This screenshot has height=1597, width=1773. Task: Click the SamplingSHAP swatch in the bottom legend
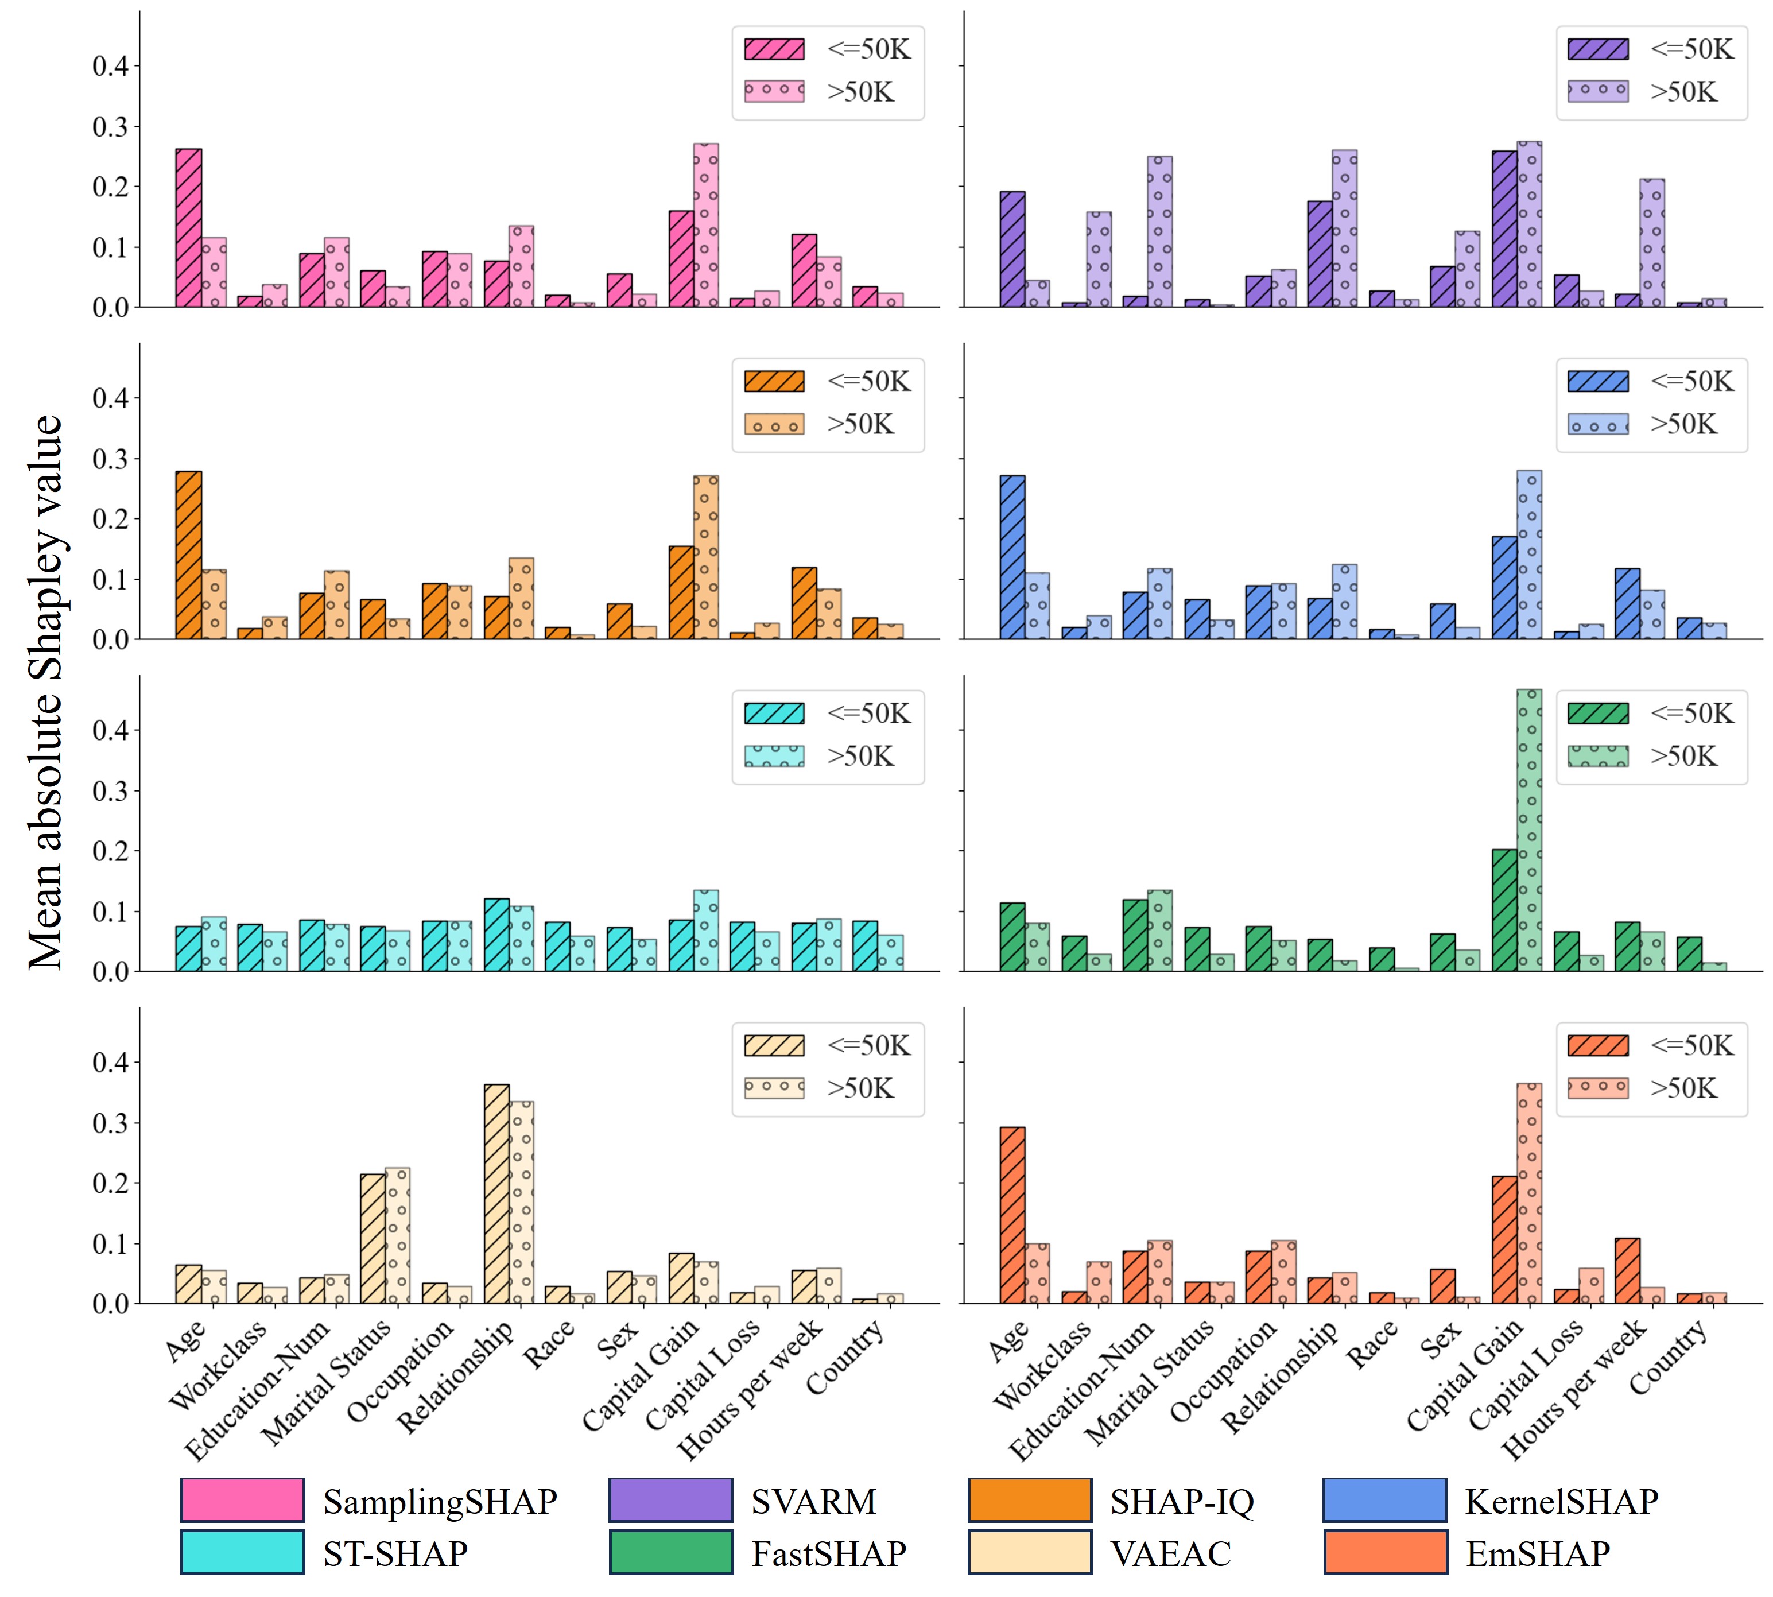click(242, 1501)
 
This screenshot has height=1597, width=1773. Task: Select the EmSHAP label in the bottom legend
click(1538, 1553)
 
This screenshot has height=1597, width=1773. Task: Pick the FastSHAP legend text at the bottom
click(828, 1553)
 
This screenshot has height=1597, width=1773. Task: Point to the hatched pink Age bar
click(189, 228)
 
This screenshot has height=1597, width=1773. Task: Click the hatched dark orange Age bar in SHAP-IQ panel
click(189, 556)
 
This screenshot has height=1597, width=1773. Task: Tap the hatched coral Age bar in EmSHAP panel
click(1012, 1215)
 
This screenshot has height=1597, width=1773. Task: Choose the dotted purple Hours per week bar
click(1652, 243)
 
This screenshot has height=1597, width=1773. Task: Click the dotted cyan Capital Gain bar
click(705, 931)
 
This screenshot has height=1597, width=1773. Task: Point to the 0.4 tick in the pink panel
click(111, 66)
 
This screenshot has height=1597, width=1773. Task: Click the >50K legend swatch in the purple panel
click(1597, 91)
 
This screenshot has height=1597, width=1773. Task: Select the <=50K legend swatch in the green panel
click(1597, 714)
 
